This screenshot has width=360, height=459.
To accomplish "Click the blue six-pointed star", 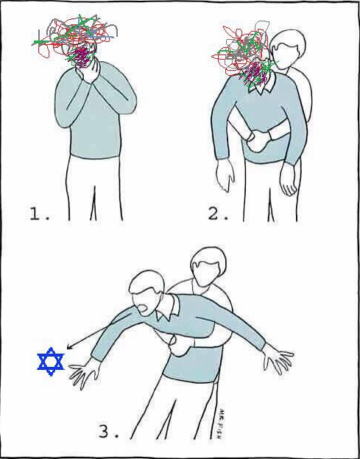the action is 51,361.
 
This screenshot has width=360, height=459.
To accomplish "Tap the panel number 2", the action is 218,214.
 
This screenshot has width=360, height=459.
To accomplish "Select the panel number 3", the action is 108,431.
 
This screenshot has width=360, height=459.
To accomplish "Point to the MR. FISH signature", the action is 221,424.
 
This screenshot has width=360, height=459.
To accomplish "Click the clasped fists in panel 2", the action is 259,141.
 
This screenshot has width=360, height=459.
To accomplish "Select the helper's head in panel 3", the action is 208,267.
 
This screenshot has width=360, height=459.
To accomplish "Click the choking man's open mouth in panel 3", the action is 144,309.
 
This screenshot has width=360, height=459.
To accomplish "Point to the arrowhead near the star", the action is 70,346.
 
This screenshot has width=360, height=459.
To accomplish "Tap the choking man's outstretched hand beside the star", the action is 83,372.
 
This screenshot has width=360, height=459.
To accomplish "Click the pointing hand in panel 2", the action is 225,175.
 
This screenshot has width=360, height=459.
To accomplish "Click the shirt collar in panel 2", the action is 262,83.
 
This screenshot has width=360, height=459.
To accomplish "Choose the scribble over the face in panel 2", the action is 245,55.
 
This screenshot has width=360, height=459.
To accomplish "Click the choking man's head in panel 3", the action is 147,292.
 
